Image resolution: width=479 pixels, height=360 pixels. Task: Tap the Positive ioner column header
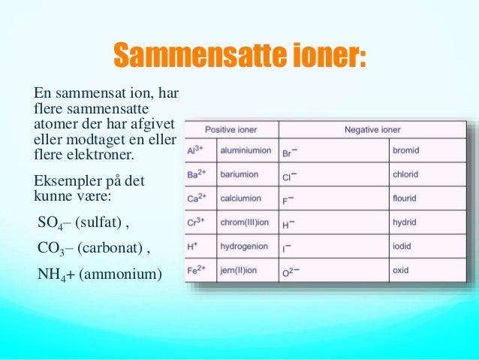[231, 129]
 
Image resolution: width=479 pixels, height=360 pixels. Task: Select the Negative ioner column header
[372, 129]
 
